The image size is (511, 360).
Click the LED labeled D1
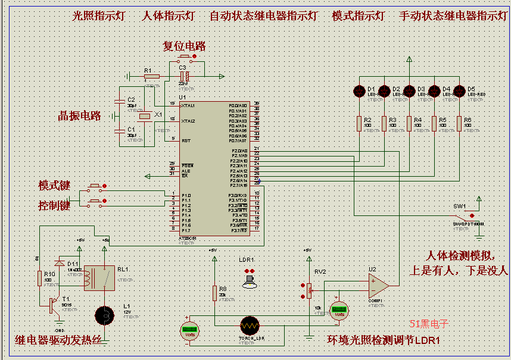359,91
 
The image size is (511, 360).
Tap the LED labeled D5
459,91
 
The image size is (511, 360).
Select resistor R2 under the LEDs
359,123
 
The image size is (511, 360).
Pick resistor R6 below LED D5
459,123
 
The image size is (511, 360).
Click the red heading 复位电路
185,46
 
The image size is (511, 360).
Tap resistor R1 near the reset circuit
152,76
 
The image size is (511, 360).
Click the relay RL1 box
99,278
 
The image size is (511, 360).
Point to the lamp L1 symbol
105,314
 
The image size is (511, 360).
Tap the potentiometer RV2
309,292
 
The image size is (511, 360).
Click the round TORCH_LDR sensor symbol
250,325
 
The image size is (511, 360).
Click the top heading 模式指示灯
358,16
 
